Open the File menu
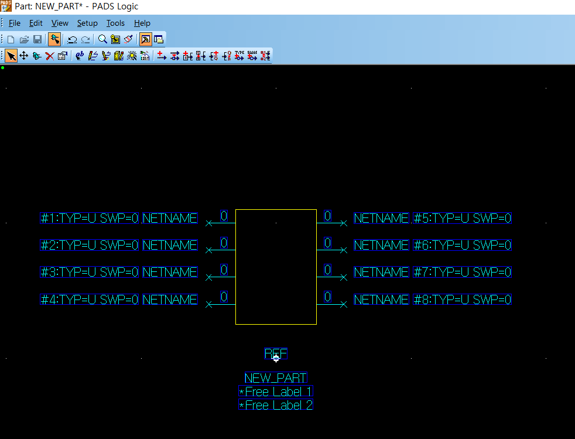(x=15, y=23)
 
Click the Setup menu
(x=87, y=23)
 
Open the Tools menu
(x=115, y=23)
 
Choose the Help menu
(x=142, y=23)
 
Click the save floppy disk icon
(x=37, y=39)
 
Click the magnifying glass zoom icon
(x=102, y=39)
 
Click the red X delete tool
(x=50, y=56)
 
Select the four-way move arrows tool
(x=24, y=56)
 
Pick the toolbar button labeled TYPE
(x=239, y=56)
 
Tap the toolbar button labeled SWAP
(x=252, y=56)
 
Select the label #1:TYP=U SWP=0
(x=90, y=218)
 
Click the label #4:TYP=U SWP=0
(x=90, y=300)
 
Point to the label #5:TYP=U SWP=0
(x=462, y=218)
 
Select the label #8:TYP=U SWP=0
(x=462, y=300)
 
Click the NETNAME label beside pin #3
(x=170, y=273)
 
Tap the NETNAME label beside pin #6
(x=381, y=245)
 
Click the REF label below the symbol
(x=276, y=353)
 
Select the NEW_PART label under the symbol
(x=276, y=378)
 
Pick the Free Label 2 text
(x=276, y=405)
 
